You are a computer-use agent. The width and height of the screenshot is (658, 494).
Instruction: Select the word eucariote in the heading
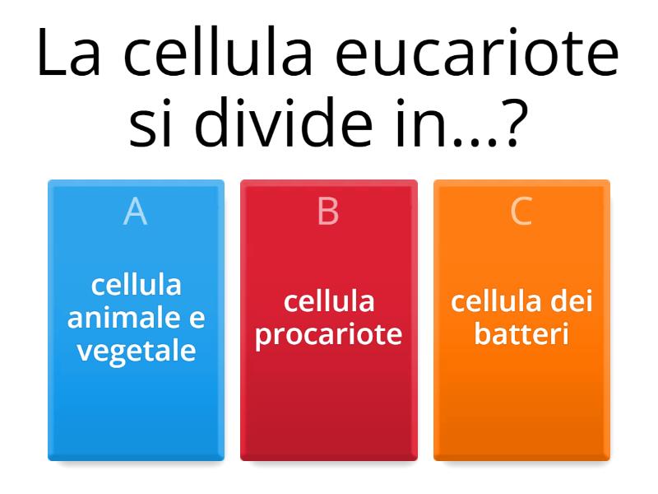click(x=477, y=56)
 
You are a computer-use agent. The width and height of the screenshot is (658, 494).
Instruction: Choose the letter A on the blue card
click(x=136, y=212)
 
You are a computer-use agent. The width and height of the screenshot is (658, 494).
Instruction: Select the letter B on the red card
click(x=328, y=212)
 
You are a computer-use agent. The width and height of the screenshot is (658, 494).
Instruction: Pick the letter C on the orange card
click(x=521, y=212)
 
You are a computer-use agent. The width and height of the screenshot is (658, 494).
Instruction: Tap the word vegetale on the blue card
click(x=136, y=351)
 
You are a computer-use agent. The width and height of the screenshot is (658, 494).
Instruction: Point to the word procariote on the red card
click(x=328, y=334)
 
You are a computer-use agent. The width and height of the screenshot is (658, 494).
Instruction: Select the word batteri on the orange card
click(x=521, y=334)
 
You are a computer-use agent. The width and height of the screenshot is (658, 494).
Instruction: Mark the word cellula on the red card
click(x=328, y=301)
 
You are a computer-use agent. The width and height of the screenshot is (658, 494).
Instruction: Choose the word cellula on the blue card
click(x=136, y=285)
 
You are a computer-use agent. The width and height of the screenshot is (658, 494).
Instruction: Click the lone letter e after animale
click(x=196, y=319)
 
